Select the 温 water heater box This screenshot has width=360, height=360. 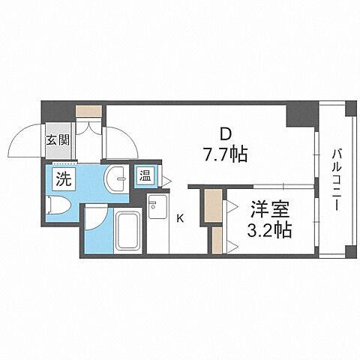pos(145,178)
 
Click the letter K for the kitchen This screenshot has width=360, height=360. pos(180,219)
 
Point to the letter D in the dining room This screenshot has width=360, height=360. pos(223,135)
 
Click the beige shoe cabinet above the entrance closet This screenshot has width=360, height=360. pos(89,112)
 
